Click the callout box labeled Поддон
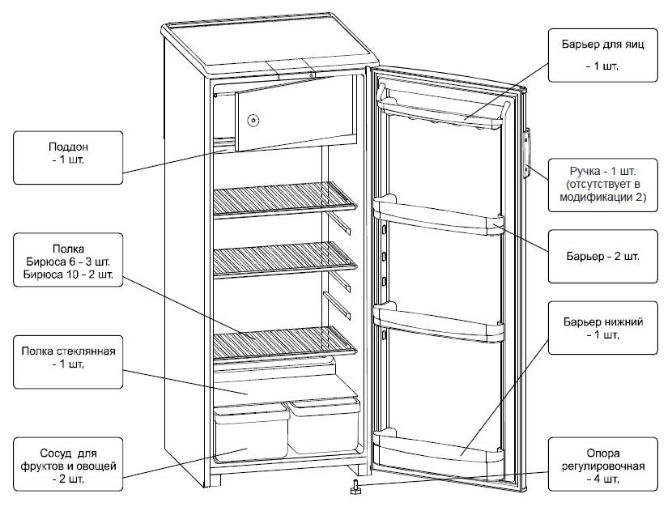click(69, 155)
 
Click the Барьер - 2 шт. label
click(602, 257)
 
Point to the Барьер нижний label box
click(602, 329)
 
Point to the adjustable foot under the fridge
click(355, 488)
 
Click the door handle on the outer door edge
click(526, 154)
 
